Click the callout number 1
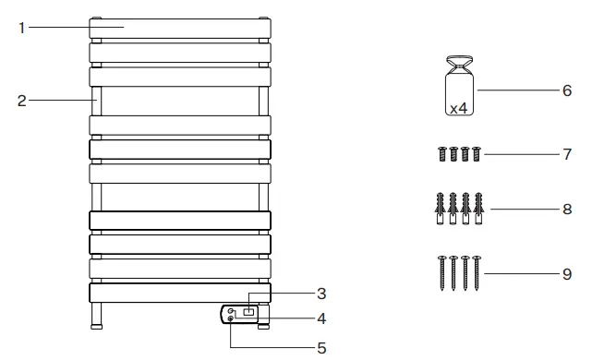pos(21,28)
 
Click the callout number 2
pos(21,101)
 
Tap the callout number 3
pos(321,294)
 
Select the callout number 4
pos(321,319)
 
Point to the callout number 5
pos(321,348)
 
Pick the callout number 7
pos(567,154)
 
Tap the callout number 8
pos(567,210)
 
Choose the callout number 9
pos(567,273)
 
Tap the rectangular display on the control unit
pos(248,314)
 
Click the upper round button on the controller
pos(230,312)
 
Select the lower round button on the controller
pos(230,319)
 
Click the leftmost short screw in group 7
pos(442,154)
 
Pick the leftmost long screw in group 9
pos(442,273)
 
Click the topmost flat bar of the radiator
pos(181,28)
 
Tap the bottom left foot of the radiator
pos(97,318)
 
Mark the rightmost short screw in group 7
pos(477,154)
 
